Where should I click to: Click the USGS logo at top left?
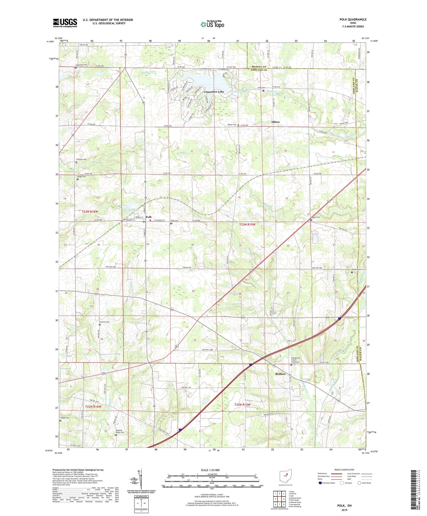[65, 23]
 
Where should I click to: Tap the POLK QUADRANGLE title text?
[353, 20]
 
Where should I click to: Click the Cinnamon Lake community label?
[214, 92]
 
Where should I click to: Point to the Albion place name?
[275, 122]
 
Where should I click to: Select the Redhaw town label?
[280, 374]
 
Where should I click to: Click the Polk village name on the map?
[149, 217]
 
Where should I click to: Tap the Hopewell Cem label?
[81, 65]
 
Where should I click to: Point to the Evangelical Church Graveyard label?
[295, 360]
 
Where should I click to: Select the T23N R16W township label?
[90, 212]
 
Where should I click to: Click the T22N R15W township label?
[242, 405]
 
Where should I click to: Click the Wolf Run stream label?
[182, 153]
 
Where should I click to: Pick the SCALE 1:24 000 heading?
[210, 470]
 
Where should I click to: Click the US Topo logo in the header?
[212, 25]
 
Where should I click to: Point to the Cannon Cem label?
[104, 322]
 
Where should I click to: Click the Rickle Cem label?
[356, 270]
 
